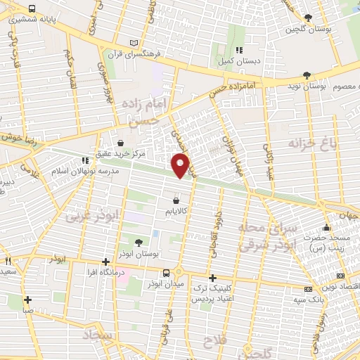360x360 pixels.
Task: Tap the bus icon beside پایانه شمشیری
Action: click(33, 8)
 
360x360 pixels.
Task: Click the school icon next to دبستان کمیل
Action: click(240, 51)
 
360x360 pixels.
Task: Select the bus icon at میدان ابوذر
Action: click(166, 273)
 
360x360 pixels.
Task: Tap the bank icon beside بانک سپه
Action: click(307, 289)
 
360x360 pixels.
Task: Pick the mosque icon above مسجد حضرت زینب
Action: click(326, 228)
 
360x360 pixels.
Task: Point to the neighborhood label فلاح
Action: click(212, 341)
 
